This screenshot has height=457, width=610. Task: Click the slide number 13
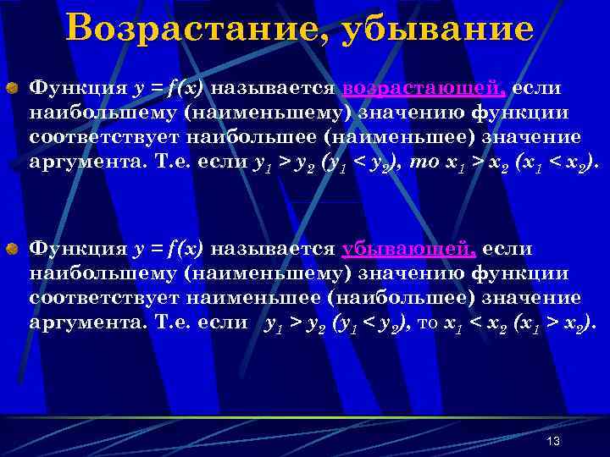(554, 442)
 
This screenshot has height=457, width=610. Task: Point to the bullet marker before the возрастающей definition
(13, 89)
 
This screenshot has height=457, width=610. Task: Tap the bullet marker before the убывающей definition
(13, 250)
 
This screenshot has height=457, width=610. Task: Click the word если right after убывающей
(508, 249)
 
